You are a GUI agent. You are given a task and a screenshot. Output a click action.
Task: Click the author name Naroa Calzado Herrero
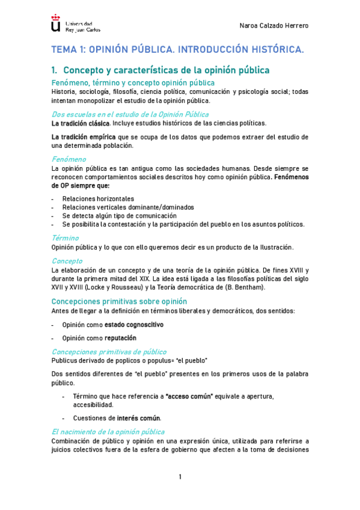(274, 26)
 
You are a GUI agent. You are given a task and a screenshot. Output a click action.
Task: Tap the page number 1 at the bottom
(180, 477)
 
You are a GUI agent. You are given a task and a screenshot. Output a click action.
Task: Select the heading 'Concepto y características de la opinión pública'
(166, 70)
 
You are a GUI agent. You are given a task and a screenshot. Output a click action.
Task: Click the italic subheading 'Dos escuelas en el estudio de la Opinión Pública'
(130, 114)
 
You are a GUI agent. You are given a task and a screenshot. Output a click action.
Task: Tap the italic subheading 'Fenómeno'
(69, 159)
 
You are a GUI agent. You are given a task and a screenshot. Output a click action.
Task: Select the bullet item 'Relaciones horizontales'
(98, 198)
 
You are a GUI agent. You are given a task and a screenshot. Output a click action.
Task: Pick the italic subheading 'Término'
(66, 238)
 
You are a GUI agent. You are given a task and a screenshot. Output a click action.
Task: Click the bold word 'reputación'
(126, 338)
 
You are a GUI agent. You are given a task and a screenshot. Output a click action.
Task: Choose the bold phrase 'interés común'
(139, 418)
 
